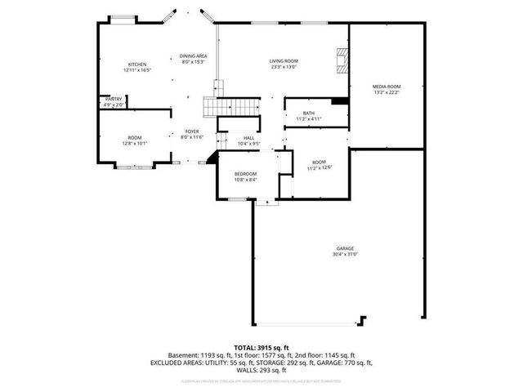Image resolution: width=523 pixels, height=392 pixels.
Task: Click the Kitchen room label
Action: pos(136,65)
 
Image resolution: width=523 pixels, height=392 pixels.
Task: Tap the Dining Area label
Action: pos(193,56)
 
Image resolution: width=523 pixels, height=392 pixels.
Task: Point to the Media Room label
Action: pos(387,86)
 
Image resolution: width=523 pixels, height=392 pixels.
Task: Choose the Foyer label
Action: pos(191,131)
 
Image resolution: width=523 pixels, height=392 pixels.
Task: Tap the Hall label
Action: pos(248,137)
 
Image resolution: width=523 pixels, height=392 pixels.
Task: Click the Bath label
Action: pos(308,114)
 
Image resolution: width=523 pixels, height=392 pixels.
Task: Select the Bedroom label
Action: pos(246,174)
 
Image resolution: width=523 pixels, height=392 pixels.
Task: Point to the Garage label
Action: pos(345,248)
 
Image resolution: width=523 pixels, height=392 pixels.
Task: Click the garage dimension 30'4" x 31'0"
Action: pos(345,255)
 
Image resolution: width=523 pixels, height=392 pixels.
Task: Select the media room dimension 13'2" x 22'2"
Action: pos(387,92)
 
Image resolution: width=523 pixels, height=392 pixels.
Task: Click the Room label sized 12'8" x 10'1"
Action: pos(134,137)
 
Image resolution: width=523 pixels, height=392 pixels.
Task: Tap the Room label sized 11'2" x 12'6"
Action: pos(319,162)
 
